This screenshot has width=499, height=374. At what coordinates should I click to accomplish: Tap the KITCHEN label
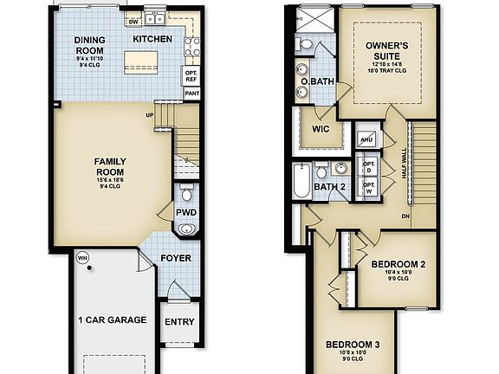[x=152, y=39]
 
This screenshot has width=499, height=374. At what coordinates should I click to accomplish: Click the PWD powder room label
[x=185, y=212]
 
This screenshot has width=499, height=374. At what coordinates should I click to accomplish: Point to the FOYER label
[x=175, y=257]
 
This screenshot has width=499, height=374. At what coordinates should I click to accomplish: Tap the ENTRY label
[x=179, y=321]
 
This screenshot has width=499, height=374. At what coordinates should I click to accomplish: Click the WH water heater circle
[x=83, y=257]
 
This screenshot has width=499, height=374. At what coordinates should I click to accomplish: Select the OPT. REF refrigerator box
[x=191, y=75]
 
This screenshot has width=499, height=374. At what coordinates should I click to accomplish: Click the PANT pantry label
[x=191, y=93]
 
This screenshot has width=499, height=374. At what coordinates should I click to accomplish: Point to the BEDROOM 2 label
[x=399, y=264]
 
